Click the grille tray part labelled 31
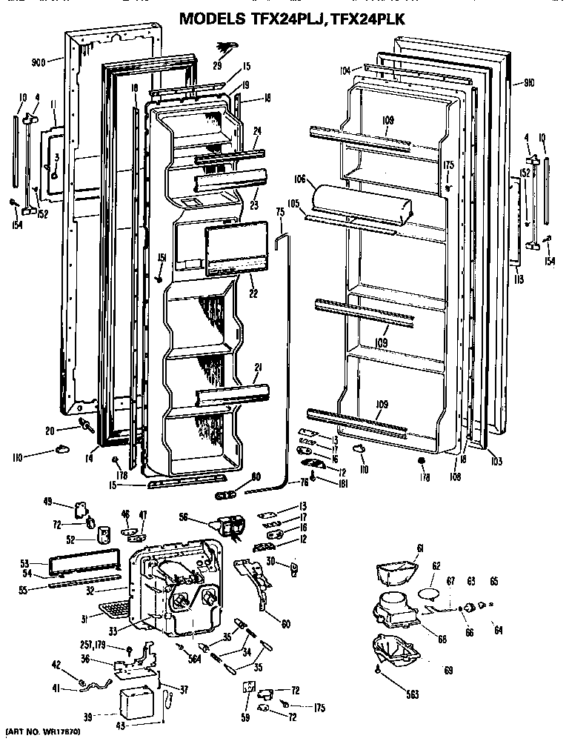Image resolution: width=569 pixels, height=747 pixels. tap(113, 610)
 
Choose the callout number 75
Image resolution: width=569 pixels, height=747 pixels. tap(280, 213)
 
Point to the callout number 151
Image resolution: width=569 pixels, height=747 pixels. tap(161, 257)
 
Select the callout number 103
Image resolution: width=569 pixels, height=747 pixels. tap(496, 461)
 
